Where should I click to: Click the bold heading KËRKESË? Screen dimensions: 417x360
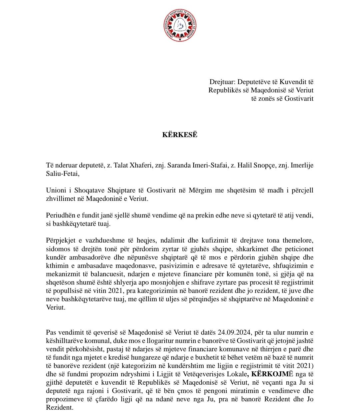[180, 135]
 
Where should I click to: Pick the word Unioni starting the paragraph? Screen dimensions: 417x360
[56, 190]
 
